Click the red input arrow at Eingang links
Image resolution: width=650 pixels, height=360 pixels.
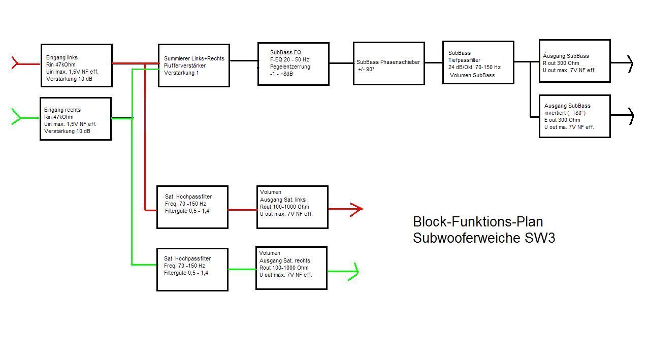coord(25,63)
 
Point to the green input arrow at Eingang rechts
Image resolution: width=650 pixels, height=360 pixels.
coord(25,117)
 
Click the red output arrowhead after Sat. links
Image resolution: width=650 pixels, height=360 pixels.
coord(356,209)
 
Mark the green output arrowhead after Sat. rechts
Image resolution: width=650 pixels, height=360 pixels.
coord(353,272)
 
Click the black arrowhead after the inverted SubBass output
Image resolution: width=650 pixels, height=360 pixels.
coord(631,116)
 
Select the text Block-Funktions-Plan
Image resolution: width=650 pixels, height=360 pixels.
coord(478,222)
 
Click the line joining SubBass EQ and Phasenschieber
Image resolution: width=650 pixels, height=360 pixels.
coord(341,63)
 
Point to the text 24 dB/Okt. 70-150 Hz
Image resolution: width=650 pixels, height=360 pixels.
coord(474,68)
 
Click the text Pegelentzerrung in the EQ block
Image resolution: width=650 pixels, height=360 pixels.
coord(290,67)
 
